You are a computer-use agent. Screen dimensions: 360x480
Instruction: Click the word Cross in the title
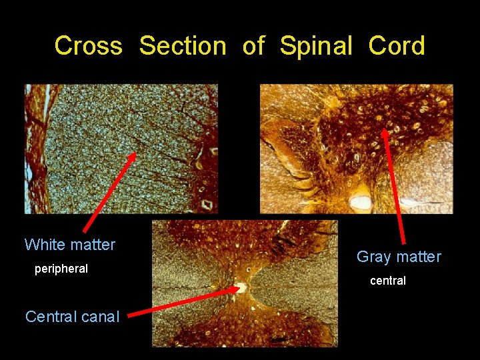click(88, 47)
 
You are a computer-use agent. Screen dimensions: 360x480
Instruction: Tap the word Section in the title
click(183, 47)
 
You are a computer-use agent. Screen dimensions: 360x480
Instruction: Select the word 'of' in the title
click(253, 47)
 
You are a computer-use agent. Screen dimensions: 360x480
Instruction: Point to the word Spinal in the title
click(315, 47)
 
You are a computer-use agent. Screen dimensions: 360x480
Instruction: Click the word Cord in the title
click(397, 47)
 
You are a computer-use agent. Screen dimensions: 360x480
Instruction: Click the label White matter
click(70, 245)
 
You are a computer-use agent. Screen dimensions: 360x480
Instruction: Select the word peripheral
click(61, 269)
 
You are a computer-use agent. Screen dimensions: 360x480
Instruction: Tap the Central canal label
click(72, 317)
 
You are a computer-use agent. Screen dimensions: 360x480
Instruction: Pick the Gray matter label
click(399, 257)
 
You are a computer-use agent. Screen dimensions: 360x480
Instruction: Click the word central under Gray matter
click(388, 281)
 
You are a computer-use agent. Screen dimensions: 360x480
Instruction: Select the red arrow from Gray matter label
click(394, 187)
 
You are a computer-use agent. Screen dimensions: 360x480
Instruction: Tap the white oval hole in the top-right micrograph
click(361, 201)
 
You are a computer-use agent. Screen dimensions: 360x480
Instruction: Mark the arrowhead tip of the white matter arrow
click(135, 153)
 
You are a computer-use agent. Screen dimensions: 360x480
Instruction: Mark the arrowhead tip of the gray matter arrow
click(385, 129)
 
